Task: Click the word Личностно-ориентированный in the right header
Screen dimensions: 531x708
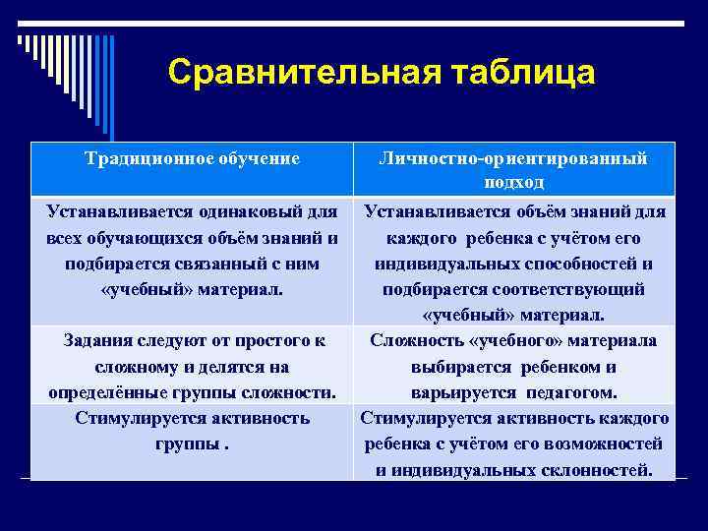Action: click(x=514, y=157)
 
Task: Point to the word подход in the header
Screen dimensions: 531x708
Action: click(x=514, y=183)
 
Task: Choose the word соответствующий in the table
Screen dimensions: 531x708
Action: click(x=563, y=289)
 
